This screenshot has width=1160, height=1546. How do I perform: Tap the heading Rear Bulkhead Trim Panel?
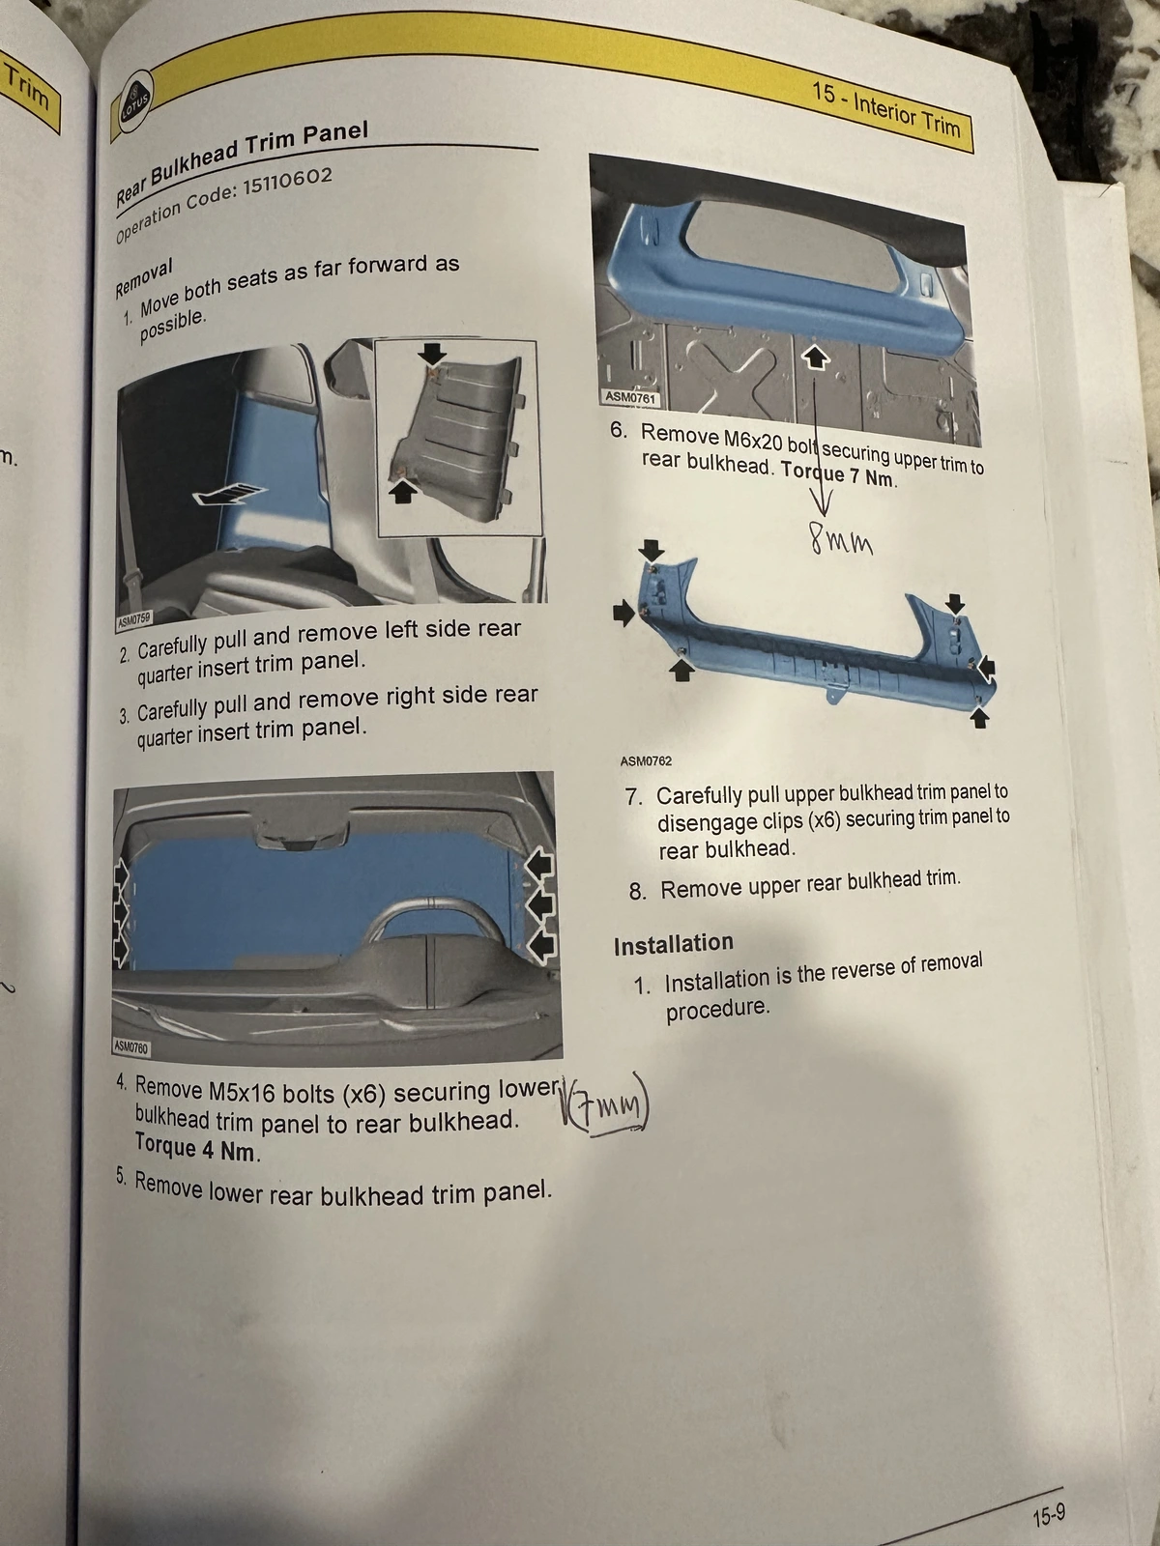pyautogui.click(x=242, y=160)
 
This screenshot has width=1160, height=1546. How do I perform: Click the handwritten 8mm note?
pyautogui.click(x=842, y=542)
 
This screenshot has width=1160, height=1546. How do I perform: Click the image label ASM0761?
pyautogui.click(x=629, y=397)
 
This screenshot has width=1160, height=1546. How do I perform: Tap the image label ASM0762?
pyautogui.click(x=646, y=761)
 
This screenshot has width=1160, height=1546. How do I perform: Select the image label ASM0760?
pyautogui.click(x=131, y=1046)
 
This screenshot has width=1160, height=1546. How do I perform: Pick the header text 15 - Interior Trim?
pyautogui.click(x=884, y=110)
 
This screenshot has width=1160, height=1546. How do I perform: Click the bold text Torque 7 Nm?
pyautogui.click(x=838, y=474)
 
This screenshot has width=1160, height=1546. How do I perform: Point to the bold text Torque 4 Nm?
pyautogui.click(x=196, y=1149)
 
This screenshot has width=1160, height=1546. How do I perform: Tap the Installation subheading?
pyautogui.click(x=673, y=944)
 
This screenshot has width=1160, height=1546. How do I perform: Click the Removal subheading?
pyautogui.click(x=143, y=277)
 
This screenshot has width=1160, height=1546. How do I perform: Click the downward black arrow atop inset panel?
pyautogui.click(x=433, y=353)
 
